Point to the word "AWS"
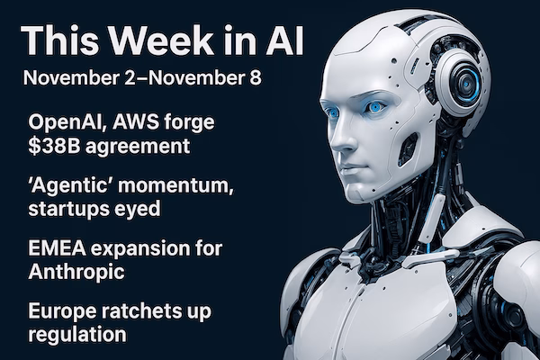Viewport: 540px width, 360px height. coord(143,122)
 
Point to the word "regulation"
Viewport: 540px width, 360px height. coord(75,337)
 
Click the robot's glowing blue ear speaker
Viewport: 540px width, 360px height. coord(465,84)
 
